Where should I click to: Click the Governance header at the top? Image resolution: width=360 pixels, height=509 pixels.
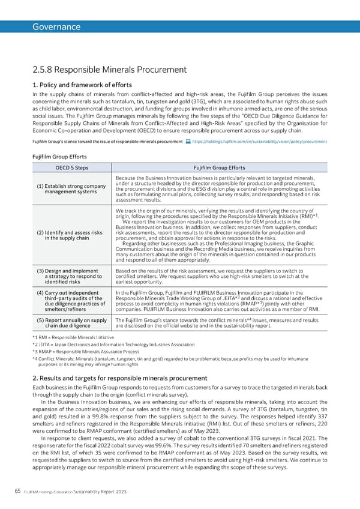pos(56,26)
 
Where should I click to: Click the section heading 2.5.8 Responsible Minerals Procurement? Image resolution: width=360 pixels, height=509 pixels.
pos(110,70)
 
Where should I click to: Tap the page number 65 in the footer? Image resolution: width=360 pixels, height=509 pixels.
pos(17,491)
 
